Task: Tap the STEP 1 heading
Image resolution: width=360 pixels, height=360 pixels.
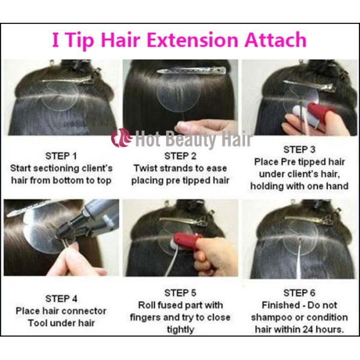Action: (x=61, y=154)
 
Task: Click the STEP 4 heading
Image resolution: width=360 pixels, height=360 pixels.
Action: (x=61, y=298)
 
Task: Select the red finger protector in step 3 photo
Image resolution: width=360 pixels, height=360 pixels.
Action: (x=316, y=112)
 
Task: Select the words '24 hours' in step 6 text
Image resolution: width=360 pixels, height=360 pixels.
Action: (x=325, y=329)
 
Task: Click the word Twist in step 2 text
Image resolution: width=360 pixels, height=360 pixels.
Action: (x=146, y=168)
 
